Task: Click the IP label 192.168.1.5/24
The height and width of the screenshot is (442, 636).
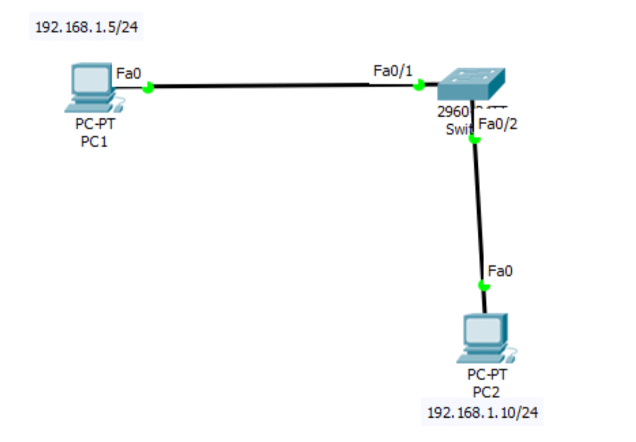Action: pos(86,26)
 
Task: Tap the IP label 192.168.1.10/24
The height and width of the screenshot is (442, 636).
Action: pos(483,413)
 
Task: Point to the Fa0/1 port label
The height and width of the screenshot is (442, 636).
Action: pos(393,70)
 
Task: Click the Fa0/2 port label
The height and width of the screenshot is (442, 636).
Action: pos(498,124)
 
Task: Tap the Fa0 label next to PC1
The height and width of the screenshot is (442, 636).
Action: pos(128,73)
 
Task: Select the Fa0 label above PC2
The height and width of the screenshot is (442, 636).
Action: pos(500,271)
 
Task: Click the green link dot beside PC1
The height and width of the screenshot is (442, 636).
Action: pos(148,87)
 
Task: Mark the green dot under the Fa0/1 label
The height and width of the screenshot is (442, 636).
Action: pos(418,85)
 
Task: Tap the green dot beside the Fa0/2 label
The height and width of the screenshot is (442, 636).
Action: pos(475,139)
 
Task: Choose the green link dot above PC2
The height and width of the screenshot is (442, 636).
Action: pos(484,285)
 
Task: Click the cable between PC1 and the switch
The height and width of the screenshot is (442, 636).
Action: pos(281,85)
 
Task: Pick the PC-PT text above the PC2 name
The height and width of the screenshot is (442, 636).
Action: pos(486,374)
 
